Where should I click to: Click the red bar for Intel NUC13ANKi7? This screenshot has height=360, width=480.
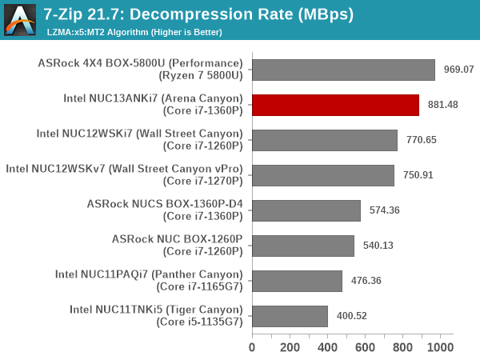[x=335, y=105]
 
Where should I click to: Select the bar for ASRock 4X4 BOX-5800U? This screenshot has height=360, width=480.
[x=343, y=70]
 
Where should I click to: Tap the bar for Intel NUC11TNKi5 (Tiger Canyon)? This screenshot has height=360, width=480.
[x=290, y=316]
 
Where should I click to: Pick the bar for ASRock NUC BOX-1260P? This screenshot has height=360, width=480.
[x=303, y=246]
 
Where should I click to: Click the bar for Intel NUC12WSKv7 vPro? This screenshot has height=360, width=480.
[x=323, y=175]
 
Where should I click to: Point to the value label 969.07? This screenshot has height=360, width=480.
[x=458, y=70]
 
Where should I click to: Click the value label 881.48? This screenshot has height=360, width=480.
[x=442, y=105]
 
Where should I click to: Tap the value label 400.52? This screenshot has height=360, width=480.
[x=350, y=316]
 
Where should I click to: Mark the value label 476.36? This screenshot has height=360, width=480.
[x=365, y=281]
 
